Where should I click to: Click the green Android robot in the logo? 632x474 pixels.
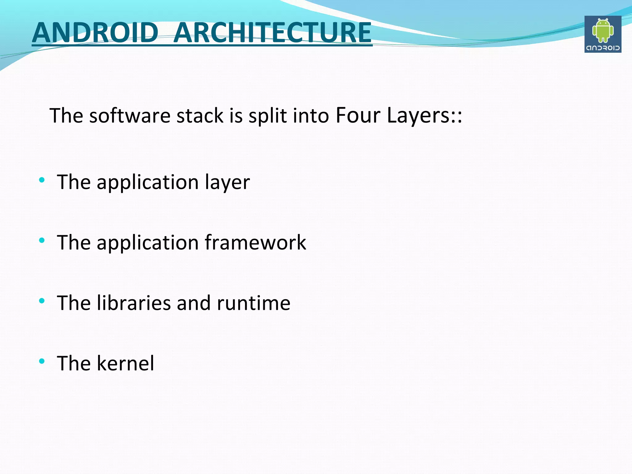[603, 31]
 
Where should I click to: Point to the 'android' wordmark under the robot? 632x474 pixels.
[603, 48]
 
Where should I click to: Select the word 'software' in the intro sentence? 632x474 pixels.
[130, 116]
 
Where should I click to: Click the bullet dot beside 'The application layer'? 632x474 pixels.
[42, 180]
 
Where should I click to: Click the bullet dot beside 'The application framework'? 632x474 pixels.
[42, 240]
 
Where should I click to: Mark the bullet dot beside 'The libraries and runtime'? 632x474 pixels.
[42, 301]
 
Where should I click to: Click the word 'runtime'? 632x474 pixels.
[253, 303]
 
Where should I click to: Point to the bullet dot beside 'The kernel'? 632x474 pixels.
[42, 361]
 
